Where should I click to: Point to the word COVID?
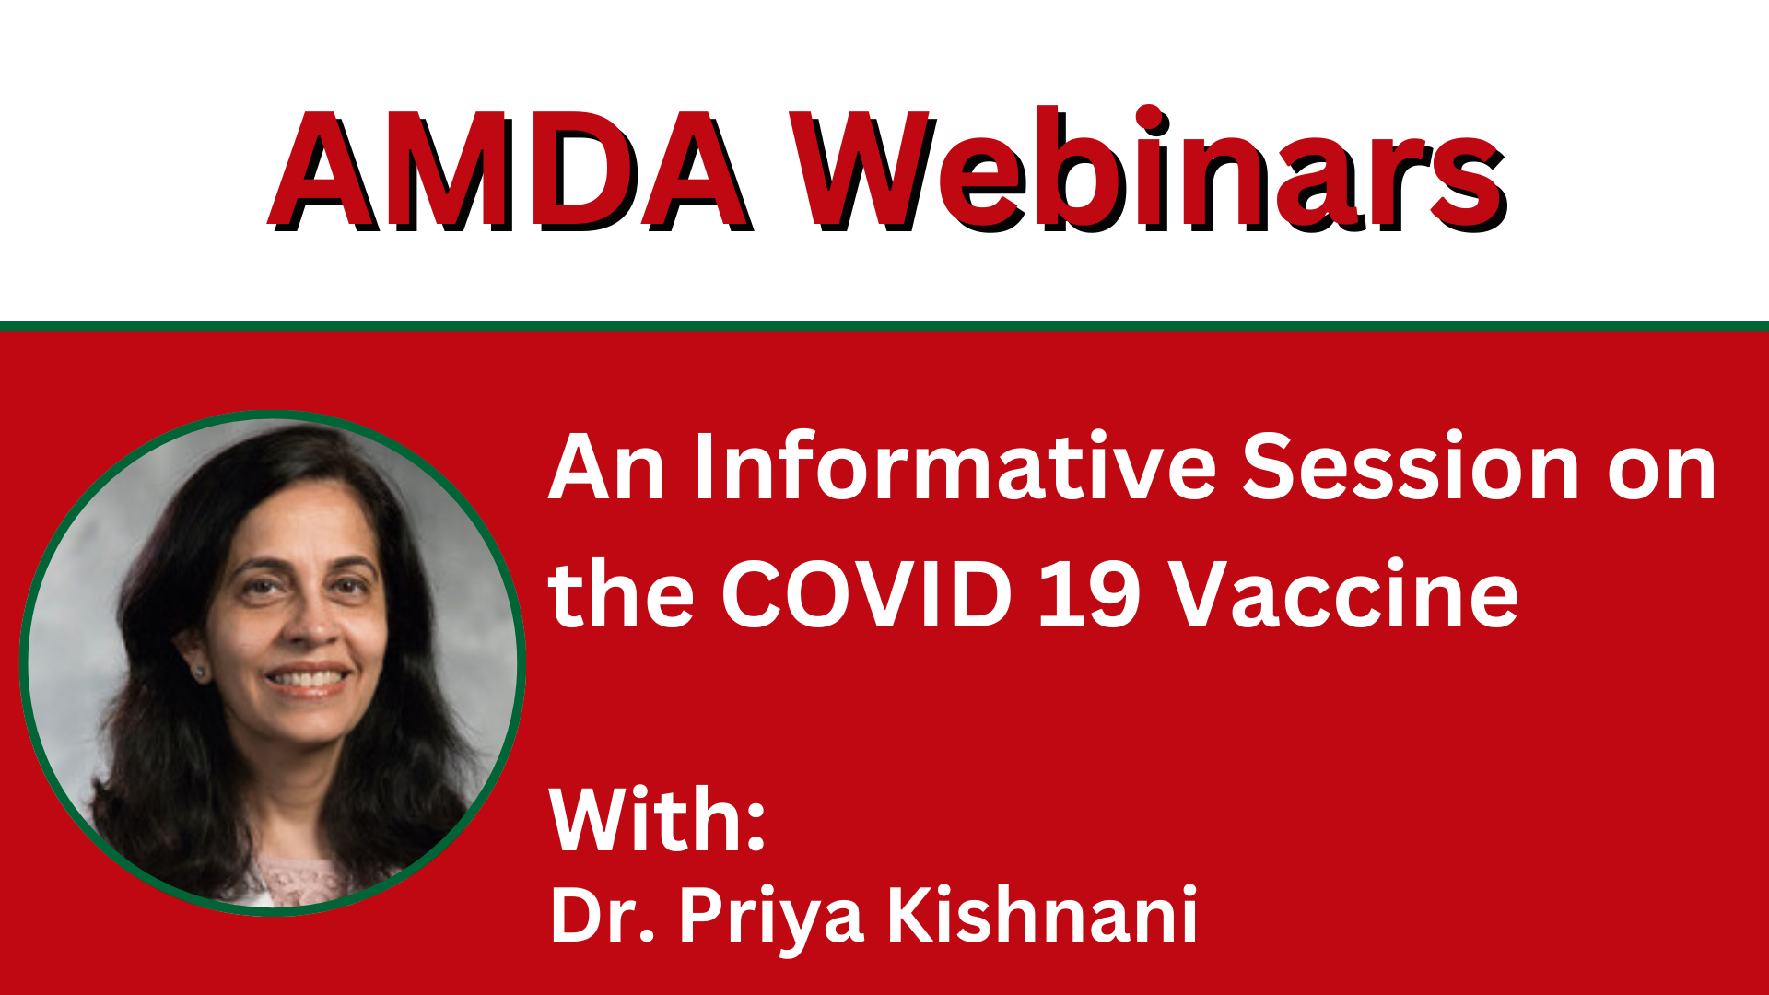click(867, 593)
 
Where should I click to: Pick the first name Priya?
click(771, 919)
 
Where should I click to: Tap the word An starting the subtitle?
click(606, 467)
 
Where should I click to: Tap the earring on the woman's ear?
click(199, 673)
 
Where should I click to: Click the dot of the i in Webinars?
click(1149, 120)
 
